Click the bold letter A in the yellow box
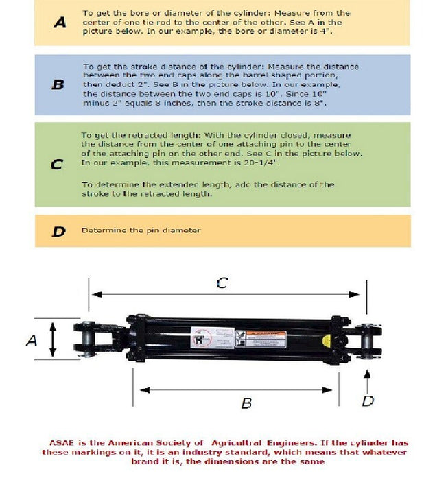60,23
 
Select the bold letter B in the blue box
58,85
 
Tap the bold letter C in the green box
58,165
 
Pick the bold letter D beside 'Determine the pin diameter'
58,231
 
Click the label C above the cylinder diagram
222,283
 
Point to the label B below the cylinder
246,403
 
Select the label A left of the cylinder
32,339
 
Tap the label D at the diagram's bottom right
368,401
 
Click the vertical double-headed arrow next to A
52,339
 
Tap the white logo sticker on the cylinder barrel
203,339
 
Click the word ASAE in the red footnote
61,443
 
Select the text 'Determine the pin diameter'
141,230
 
